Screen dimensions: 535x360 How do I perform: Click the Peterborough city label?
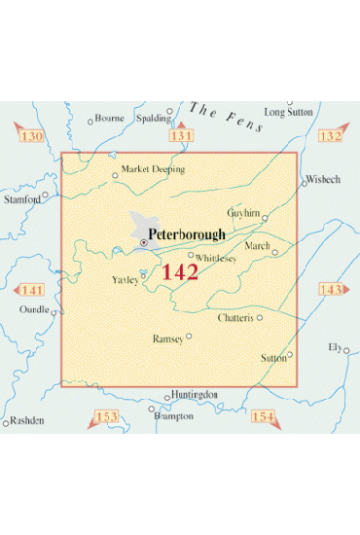pyautogui.click(x=187, y=234)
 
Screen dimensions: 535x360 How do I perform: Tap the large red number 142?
pyautogui.click(x=180, y=272)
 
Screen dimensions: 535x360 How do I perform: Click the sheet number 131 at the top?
pyautogui.click(x=181, y=136)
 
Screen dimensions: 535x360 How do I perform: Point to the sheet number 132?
pyautogui.click(x=331, y=136)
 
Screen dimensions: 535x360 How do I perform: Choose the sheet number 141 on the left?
pyautogui.click(x=32, y=291)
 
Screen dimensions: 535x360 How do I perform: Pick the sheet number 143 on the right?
pyautogui.click(x=331, y=290)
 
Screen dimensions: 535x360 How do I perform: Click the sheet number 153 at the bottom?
pyautogui.click(x=106, y=417)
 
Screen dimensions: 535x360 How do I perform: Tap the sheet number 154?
pyautogui.click(x=263, y=417)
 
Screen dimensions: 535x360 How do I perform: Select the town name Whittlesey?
pyautogui.click(x=217, y=258)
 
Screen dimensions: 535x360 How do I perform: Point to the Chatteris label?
pyautogui.click(x=237, y=318)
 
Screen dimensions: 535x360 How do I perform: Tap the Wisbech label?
pyautogui.click(x=323, y=180)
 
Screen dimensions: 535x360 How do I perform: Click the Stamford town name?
pyautogui.click(x=22, y=198)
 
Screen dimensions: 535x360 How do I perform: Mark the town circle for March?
pyautogui.click(x=274, y=253)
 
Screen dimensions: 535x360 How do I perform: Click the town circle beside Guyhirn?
pyautogui.click(x=265, y=220)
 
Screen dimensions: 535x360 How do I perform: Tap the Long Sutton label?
pyautogui.click(x=289, y=112)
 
